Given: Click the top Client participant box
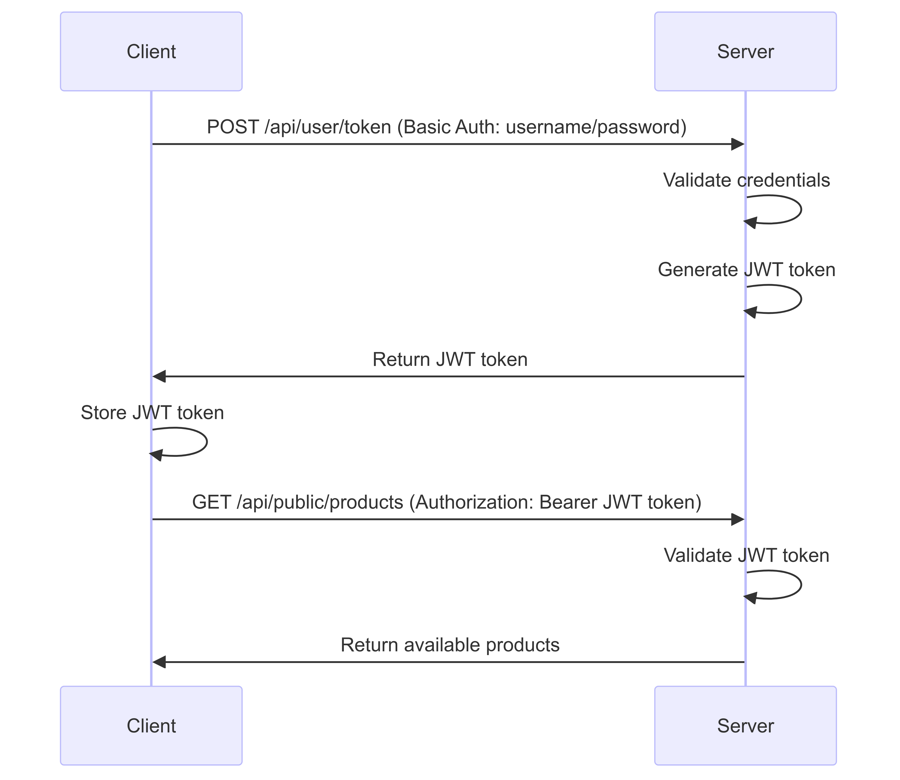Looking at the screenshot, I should [151, 51].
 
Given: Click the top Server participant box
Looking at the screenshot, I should [745, 51].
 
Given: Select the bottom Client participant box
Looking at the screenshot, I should [151, 726].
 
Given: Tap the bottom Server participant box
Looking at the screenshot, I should [745, 726].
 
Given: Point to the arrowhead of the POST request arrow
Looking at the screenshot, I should [738, 144].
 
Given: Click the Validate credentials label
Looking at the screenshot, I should [746, 180].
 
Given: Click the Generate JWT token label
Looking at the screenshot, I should [746, 270].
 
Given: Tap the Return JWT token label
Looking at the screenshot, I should [450, 360].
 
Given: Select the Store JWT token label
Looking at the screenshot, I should [152, 413].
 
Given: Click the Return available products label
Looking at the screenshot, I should [450, 645].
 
